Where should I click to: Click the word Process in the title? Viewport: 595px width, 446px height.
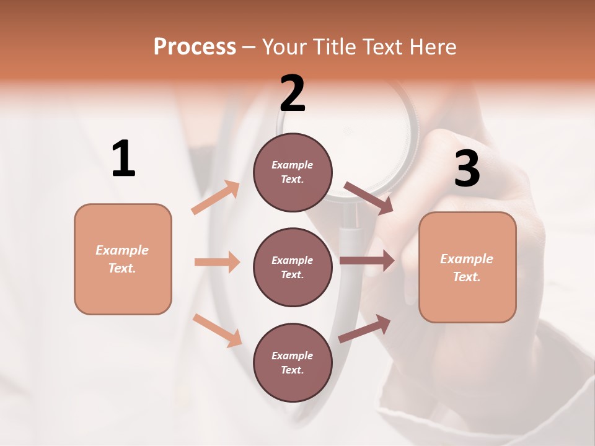pyautogui.click(x=195, y=46)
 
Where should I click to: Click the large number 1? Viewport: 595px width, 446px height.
pyautogui.click(x=123, y=159)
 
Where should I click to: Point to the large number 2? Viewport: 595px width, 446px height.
pyautogui.click(x=293, y=93)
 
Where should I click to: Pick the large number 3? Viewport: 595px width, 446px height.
pyautogui.click(x=467, y=168)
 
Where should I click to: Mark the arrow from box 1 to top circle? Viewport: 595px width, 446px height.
pyautogui.click(x=216, y=198)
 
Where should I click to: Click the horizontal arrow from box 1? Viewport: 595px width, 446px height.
pyautogui.click(x=217, y=262)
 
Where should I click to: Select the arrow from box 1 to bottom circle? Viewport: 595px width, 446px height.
pyautogui.click(x=217, y=330)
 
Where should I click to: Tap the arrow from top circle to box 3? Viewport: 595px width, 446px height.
pyautogui.click(x=368, y=198)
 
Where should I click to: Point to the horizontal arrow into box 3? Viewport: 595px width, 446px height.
pyautogui.click(x=367, y=261)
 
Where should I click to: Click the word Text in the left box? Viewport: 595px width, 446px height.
pyautogui.click(x=121, y=268)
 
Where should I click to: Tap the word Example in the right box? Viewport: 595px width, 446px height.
pyautogui.click(x=467, y=259)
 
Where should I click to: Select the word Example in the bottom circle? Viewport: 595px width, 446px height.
pyautogui.click(x=292, y=356)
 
